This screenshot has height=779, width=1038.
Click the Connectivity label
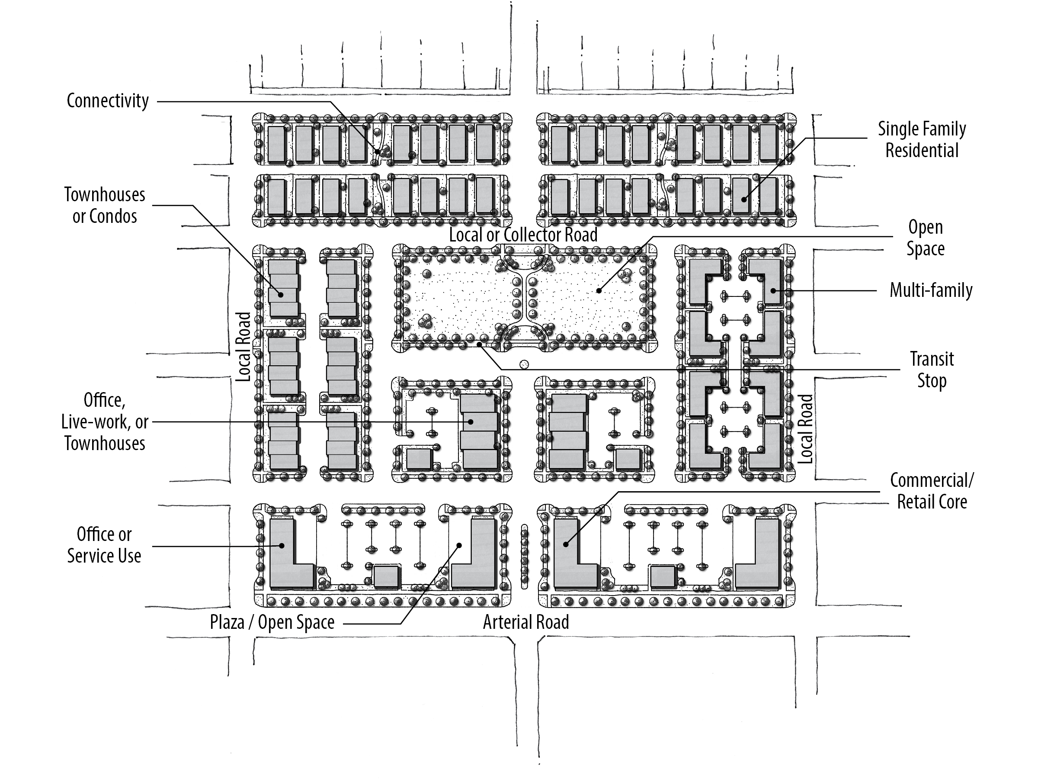107,100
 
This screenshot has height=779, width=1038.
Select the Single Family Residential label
922,139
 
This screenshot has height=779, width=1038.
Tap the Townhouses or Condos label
105,205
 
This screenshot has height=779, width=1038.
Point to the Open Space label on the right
926,238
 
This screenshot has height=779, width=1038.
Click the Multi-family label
931,290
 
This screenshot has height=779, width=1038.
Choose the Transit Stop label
932,370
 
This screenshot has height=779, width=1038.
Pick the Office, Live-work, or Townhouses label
105,422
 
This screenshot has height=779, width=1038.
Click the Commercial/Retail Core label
932,491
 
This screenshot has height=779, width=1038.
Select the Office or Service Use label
104,545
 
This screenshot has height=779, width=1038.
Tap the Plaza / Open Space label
272,622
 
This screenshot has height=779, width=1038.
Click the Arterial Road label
526,622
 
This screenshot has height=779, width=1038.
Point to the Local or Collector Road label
523,235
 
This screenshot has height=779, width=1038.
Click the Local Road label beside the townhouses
243,347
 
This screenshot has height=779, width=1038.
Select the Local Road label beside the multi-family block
805,429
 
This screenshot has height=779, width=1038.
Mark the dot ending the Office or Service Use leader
282,546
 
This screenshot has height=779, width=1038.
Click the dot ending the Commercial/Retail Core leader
566,545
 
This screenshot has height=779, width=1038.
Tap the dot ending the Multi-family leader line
772,291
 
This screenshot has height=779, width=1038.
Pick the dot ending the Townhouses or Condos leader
281,295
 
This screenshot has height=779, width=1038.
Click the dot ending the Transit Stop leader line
479,344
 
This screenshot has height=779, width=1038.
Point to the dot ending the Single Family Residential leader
744,200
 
